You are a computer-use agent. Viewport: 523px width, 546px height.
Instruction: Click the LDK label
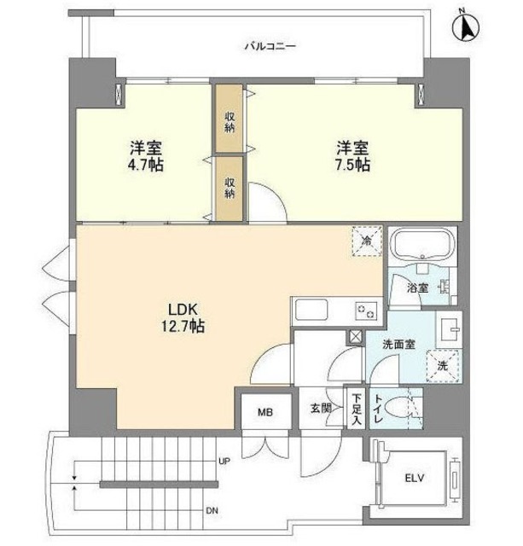click(179, 308)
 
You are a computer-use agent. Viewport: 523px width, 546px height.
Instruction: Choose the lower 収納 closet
click(230, 188)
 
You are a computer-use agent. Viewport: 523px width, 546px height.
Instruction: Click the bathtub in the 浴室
click(421, 247)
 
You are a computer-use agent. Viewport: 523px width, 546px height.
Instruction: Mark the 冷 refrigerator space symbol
click(362, 242)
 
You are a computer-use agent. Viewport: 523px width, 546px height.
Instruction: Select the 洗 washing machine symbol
click(442, 364)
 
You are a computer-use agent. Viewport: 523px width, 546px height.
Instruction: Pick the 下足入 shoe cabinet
click(356, 409)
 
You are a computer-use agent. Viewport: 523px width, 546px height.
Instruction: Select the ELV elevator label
click(415, 476)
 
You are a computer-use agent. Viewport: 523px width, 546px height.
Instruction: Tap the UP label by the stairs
click(224, 461)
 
